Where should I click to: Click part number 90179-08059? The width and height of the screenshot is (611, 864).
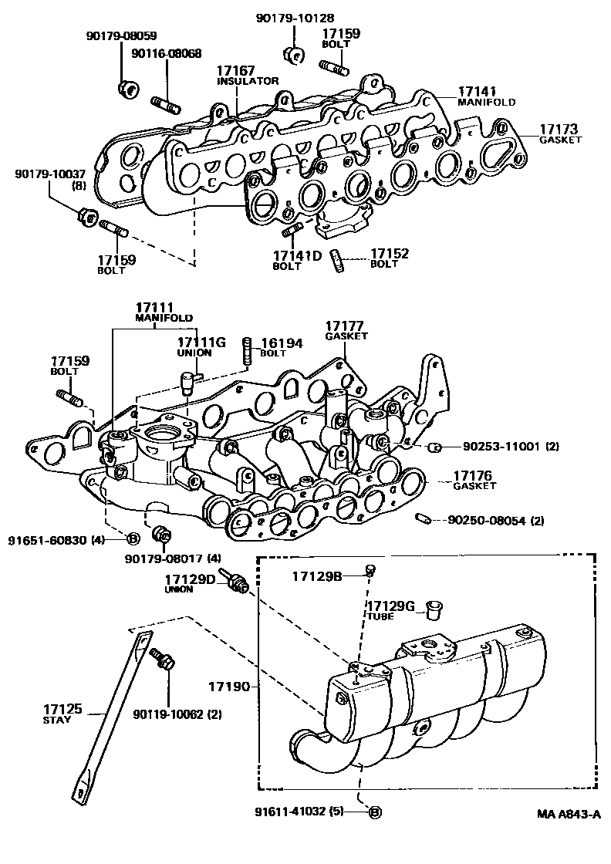121,35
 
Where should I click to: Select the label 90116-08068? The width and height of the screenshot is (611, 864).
167,53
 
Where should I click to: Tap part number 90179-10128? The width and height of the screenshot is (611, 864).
295,19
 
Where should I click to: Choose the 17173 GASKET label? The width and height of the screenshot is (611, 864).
560,134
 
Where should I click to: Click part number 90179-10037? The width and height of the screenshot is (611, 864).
50,174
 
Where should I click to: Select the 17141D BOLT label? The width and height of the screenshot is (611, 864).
297,260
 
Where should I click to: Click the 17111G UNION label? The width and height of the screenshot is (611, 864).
201,346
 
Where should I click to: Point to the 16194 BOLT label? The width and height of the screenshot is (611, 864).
282,347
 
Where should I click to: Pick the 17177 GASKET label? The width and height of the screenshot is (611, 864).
346,330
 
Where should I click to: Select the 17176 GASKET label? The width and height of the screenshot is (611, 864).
474,480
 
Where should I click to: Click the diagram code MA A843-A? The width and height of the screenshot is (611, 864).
569,814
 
